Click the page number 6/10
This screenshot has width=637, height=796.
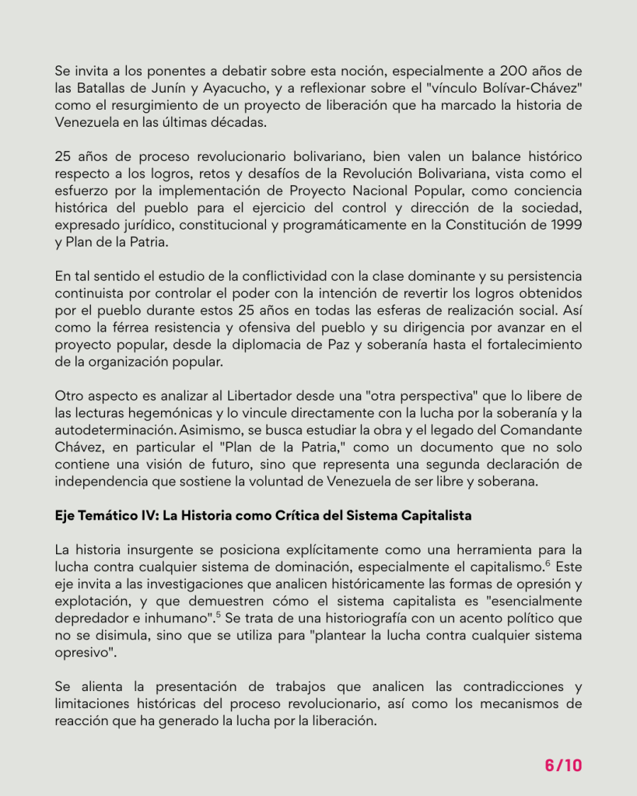coord(563,765)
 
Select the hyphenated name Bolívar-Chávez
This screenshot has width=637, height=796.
coord(528,88)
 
